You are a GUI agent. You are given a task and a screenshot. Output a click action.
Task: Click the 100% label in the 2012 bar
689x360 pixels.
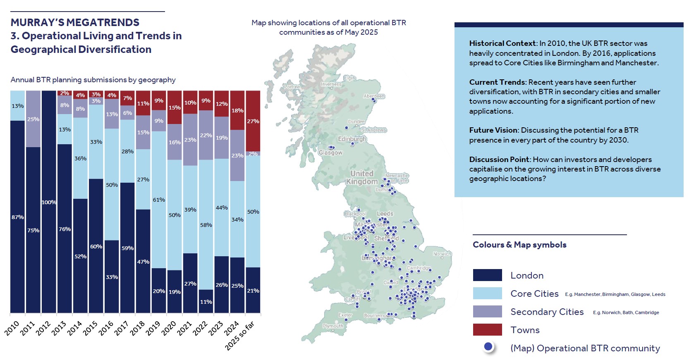[49, 202]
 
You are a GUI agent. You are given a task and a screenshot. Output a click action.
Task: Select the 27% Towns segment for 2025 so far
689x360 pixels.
[253, 121]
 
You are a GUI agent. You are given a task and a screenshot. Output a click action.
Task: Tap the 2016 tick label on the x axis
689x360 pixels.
[106, 328]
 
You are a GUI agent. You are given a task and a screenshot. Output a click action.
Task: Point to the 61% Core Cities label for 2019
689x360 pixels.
[159, 200]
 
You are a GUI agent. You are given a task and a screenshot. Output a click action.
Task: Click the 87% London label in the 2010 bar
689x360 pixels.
[17, 217]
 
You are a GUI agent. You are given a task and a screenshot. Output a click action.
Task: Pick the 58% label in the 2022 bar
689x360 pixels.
[206, 225]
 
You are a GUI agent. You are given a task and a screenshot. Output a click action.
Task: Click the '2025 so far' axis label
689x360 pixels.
[239, 336]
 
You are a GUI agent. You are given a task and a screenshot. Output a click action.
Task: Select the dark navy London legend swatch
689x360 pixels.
[487, 275]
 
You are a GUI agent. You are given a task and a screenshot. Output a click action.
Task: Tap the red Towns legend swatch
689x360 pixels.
[487, 330]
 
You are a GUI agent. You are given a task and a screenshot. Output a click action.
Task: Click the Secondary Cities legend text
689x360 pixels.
[547, 312]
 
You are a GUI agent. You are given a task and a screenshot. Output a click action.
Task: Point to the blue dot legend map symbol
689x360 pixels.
[488, 347]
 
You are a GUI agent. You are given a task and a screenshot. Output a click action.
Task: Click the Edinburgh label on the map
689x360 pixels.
[352, 139]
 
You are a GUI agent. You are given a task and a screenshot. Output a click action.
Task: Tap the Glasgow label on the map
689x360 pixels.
[330, 153]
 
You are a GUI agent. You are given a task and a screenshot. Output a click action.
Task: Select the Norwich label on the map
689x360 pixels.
[442, 254]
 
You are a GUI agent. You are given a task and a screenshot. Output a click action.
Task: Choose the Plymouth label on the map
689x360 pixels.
[333, 326]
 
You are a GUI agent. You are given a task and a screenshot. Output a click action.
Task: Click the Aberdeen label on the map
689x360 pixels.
[374, 96]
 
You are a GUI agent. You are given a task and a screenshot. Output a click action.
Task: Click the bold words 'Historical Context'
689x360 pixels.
[502, 43]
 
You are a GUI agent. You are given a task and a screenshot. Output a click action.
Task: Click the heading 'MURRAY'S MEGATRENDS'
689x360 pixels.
[75, 22]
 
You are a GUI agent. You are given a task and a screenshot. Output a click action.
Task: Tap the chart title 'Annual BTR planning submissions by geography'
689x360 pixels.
[93, 80]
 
